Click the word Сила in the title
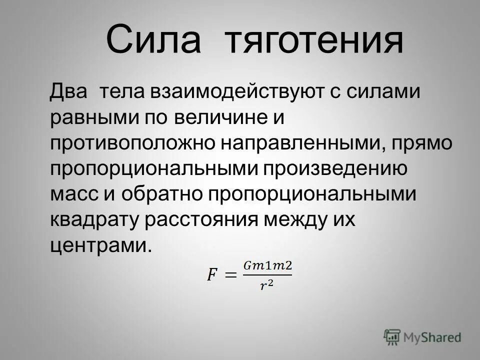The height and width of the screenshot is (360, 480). click(153, 40)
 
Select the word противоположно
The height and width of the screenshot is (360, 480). click(132, 144)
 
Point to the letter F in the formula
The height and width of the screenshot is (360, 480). click(212, 274)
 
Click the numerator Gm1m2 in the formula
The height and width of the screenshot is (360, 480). click(267, 265)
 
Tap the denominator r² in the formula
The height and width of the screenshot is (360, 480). click(267, 285)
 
